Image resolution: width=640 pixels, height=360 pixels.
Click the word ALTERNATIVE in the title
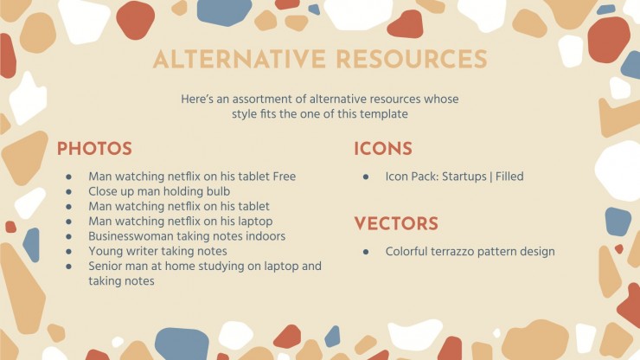pyautogui.click(x=240, y=59)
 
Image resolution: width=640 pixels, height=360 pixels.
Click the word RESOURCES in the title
pyautogui.click(x=412, y=59)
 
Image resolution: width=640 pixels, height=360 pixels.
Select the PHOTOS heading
pyautogui.click(x=94, y=149)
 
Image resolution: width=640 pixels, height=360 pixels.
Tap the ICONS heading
pyautogui.click(x=383, y=149)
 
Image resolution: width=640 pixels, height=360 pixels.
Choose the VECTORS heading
pyautogui.click(x=396, y=224)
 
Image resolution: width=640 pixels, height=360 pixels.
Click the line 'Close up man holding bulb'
pyautogui.click(x=159, y=191)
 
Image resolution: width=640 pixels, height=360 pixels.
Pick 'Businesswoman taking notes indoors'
pyautogui.click(x=187, y=236)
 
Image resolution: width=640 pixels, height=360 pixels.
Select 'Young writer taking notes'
pyautogui.click(x=157, y=251)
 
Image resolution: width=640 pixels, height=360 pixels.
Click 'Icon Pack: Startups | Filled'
pyautogui.click(x=454, y=177)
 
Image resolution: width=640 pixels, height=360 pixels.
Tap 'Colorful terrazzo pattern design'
pyautogui.click(x=470, y=252)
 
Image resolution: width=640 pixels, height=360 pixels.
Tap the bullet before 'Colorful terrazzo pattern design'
pyautogui.click(x=366, y=252)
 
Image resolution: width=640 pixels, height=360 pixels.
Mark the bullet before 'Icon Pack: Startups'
pyautogui.click(x=366, y=177)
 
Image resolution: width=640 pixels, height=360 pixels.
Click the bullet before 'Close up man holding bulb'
pyautogui.click(x=68, y=191)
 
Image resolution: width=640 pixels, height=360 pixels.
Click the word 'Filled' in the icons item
pyautogui.click(x=509, y=177)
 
